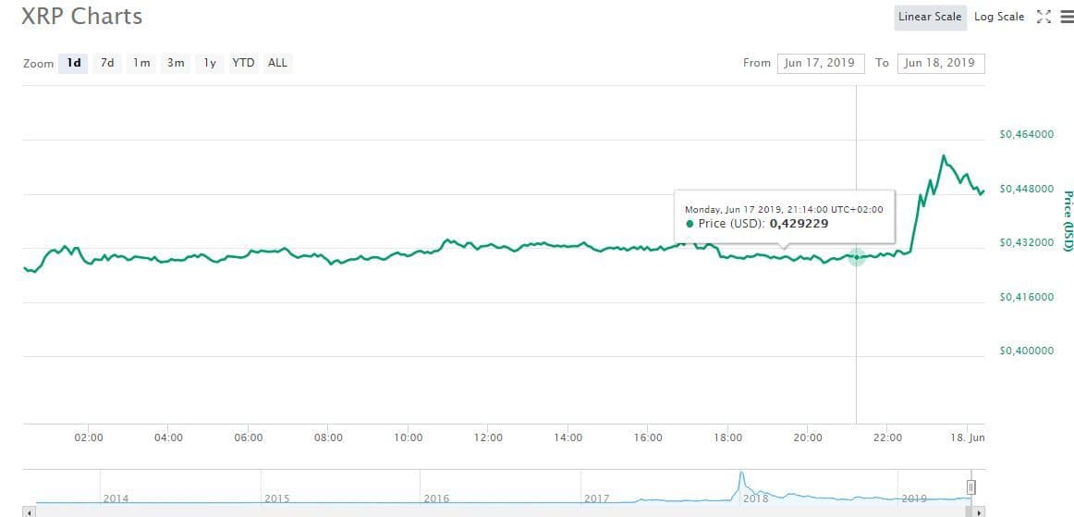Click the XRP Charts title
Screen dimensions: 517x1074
(82, 17)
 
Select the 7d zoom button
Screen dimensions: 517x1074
(107, 63)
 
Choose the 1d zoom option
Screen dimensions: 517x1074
(74, 63)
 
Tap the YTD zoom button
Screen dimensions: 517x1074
(243, 63)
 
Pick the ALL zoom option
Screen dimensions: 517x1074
(277, 63)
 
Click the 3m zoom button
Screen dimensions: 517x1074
(175, 63)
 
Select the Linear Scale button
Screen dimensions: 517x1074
(930, 17)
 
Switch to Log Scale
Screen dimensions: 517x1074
(999, 17)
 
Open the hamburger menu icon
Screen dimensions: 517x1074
(1066, 17)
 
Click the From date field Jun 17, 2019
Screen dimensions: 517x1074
(821, 63)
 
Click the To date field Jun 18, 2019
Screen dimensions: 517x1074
(940, 63)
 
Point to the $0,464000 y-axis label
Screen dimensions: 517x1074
(1027, 135)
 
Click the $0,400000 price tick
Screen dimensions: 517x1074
(1027, 351)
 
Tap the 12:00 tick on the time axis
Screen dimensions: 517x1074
(488, 437)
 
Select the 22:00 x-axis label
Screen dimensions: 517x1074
(887, 437)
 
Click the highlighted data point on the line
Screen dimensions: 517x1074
(856, 257)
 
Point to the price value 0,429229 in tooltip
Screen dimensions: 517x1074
(799, 224)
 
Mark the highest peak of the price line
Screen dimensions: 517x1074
(943, 156)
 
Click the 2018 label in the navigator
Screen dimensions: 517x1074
(756, 499)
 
